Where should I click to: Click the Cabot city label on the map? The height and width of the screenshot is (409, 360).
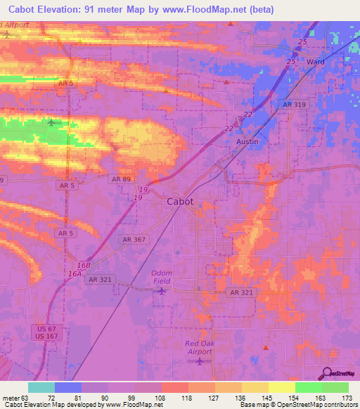(181, 201)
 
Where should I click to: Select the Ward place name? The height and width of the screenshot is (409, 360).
(315, 62)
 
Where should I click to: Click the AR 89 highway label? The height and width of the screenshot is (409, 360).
(120, 179)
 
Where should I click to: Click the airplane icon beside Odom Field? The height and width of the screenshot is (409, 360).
(163, 290)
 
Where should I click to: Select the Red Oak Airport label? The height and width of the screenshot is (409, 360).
(198, 347)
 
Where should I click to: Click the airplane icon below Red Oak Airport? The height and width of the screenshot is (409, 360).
(199, 361)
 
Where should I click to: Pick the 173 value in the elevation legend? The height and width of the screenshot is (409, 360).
(346, 398)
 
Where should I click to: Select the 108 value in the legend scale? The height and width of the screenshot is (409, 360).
(160, 398)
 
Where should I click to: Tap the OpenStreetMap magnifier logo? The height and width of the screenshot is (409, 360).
(328, 374)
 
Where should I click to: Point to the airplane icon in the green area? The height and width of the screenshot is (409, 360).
(53, 122)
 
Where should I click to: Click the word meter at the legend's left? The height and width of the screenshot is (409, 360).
(12, 398)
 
